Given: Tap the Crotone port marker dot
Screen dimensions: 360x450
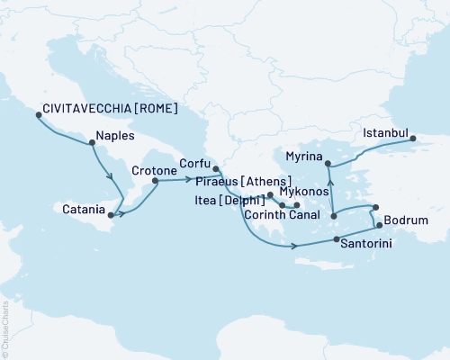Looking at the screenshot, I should click(x=156, y=181).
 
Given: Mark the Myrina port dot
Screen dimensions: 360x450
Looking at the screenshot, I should click(x=328, y=164).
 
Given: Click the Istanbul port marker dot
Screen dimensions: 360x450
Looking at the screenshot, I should click(x=412, y=138).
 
